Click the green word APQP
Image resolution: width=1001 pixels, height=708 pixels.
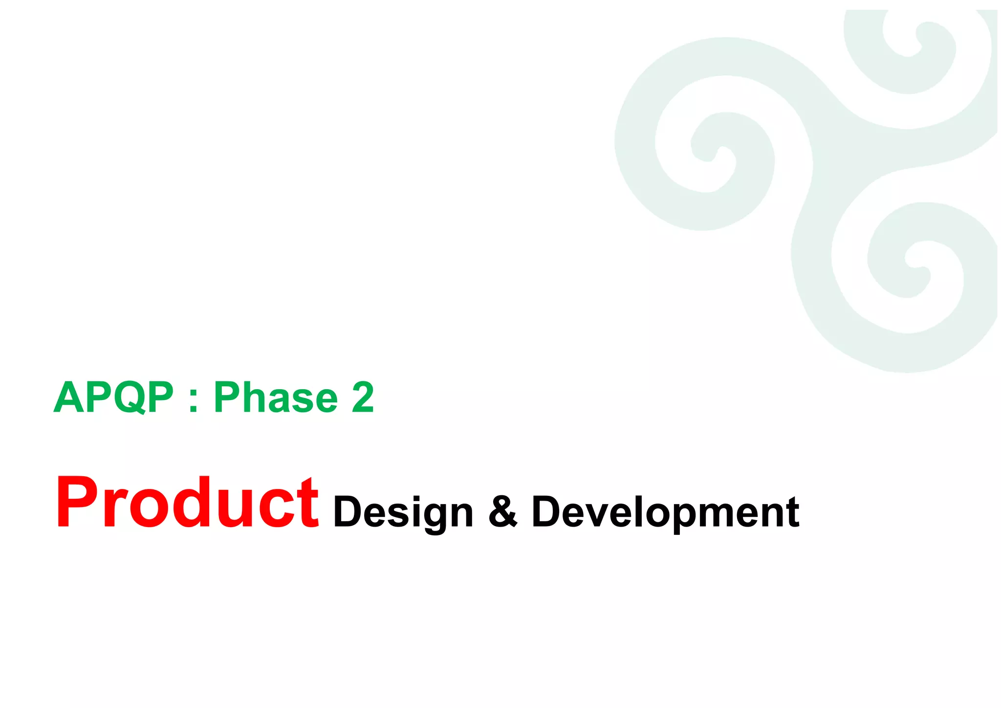(x=113, y=397)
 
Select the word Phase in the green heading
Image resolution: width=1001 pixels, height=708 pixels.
(x=276, y=397)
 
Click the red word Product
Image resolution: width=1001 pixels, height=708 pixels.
(x=187, y=503)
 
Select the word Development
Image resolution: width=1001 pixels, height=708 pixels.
(x=665, y=512)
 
